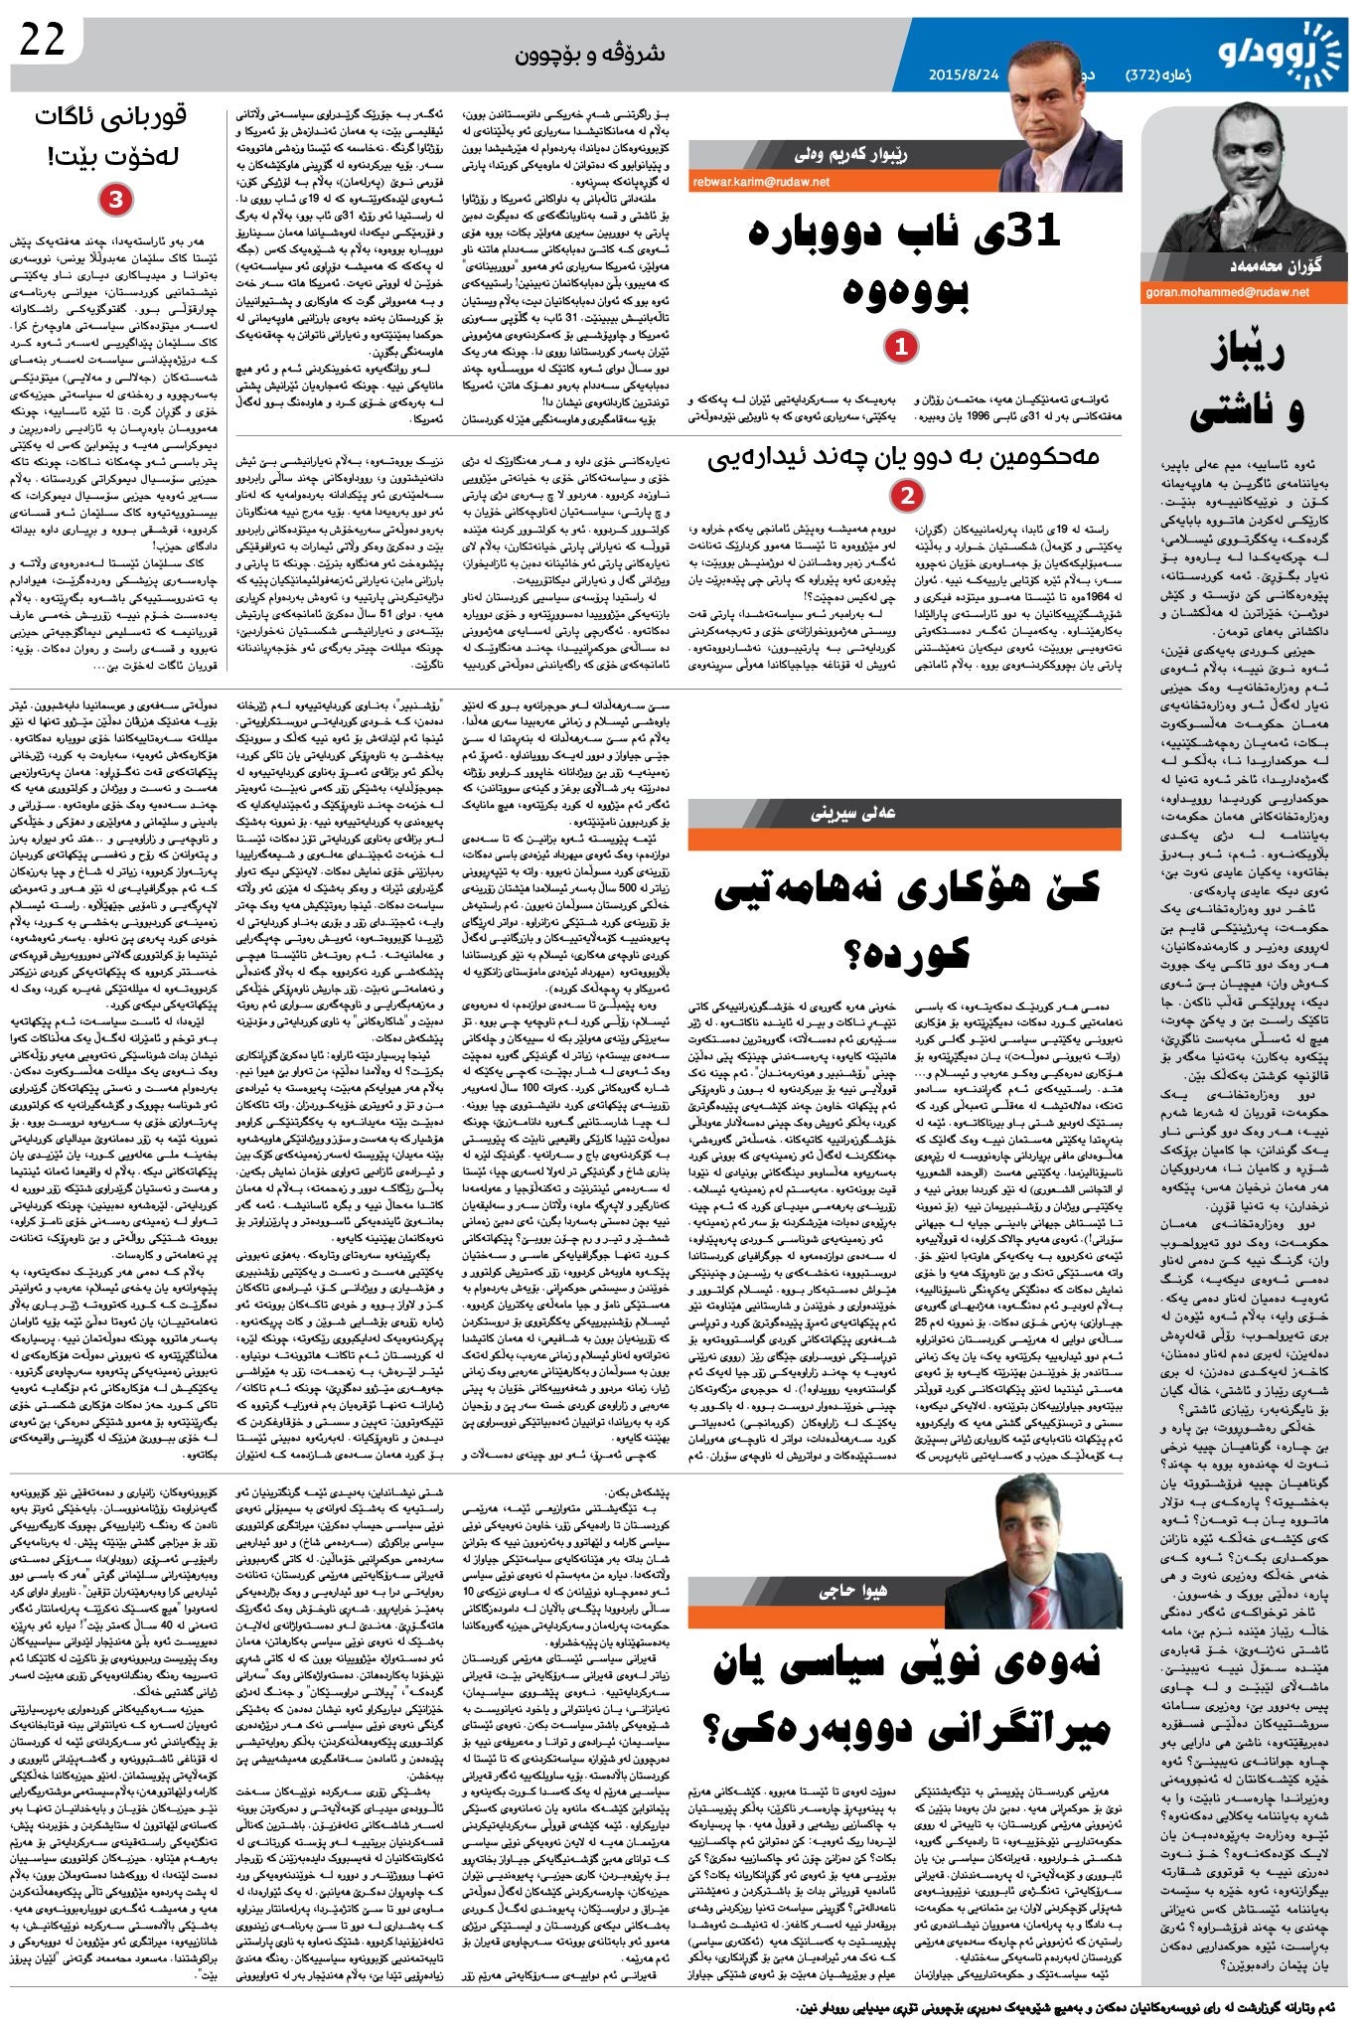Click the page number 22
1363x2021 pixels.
43,40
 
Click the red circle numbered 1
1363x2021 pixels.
901,346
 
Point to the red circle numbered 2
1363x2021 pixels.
906,495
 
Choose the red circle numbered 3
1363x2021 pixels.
115,201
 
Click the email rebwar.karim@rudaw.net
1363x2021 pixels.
761,182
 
